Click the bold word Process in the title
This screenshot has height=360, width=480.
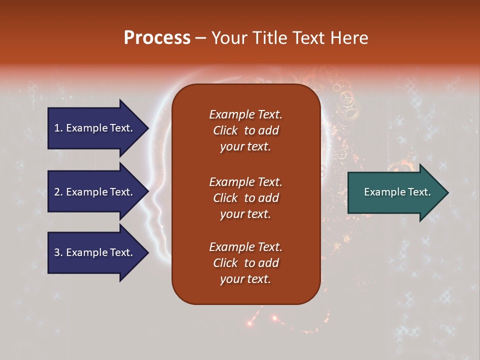[157, 38]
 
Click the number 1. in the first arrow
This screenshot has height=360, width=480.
[58, 128]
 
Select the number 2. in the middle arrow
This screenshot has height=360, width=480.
[58, 192]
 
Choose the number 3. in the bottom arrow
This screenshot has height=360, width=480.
[58, 252]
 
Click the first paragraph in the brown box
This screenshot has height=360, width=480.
[245, 130]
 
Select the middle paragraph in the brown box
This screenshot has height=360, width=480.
[245, 197]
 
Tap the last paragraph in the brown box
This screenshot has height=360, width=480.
[245, 263]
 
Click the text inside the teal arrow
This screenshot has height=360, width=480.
[397, 192]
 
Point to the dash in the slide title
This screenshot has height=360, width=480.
[201, 38]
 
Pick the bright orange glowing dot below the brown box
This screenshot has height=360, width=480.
[274, 318]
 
